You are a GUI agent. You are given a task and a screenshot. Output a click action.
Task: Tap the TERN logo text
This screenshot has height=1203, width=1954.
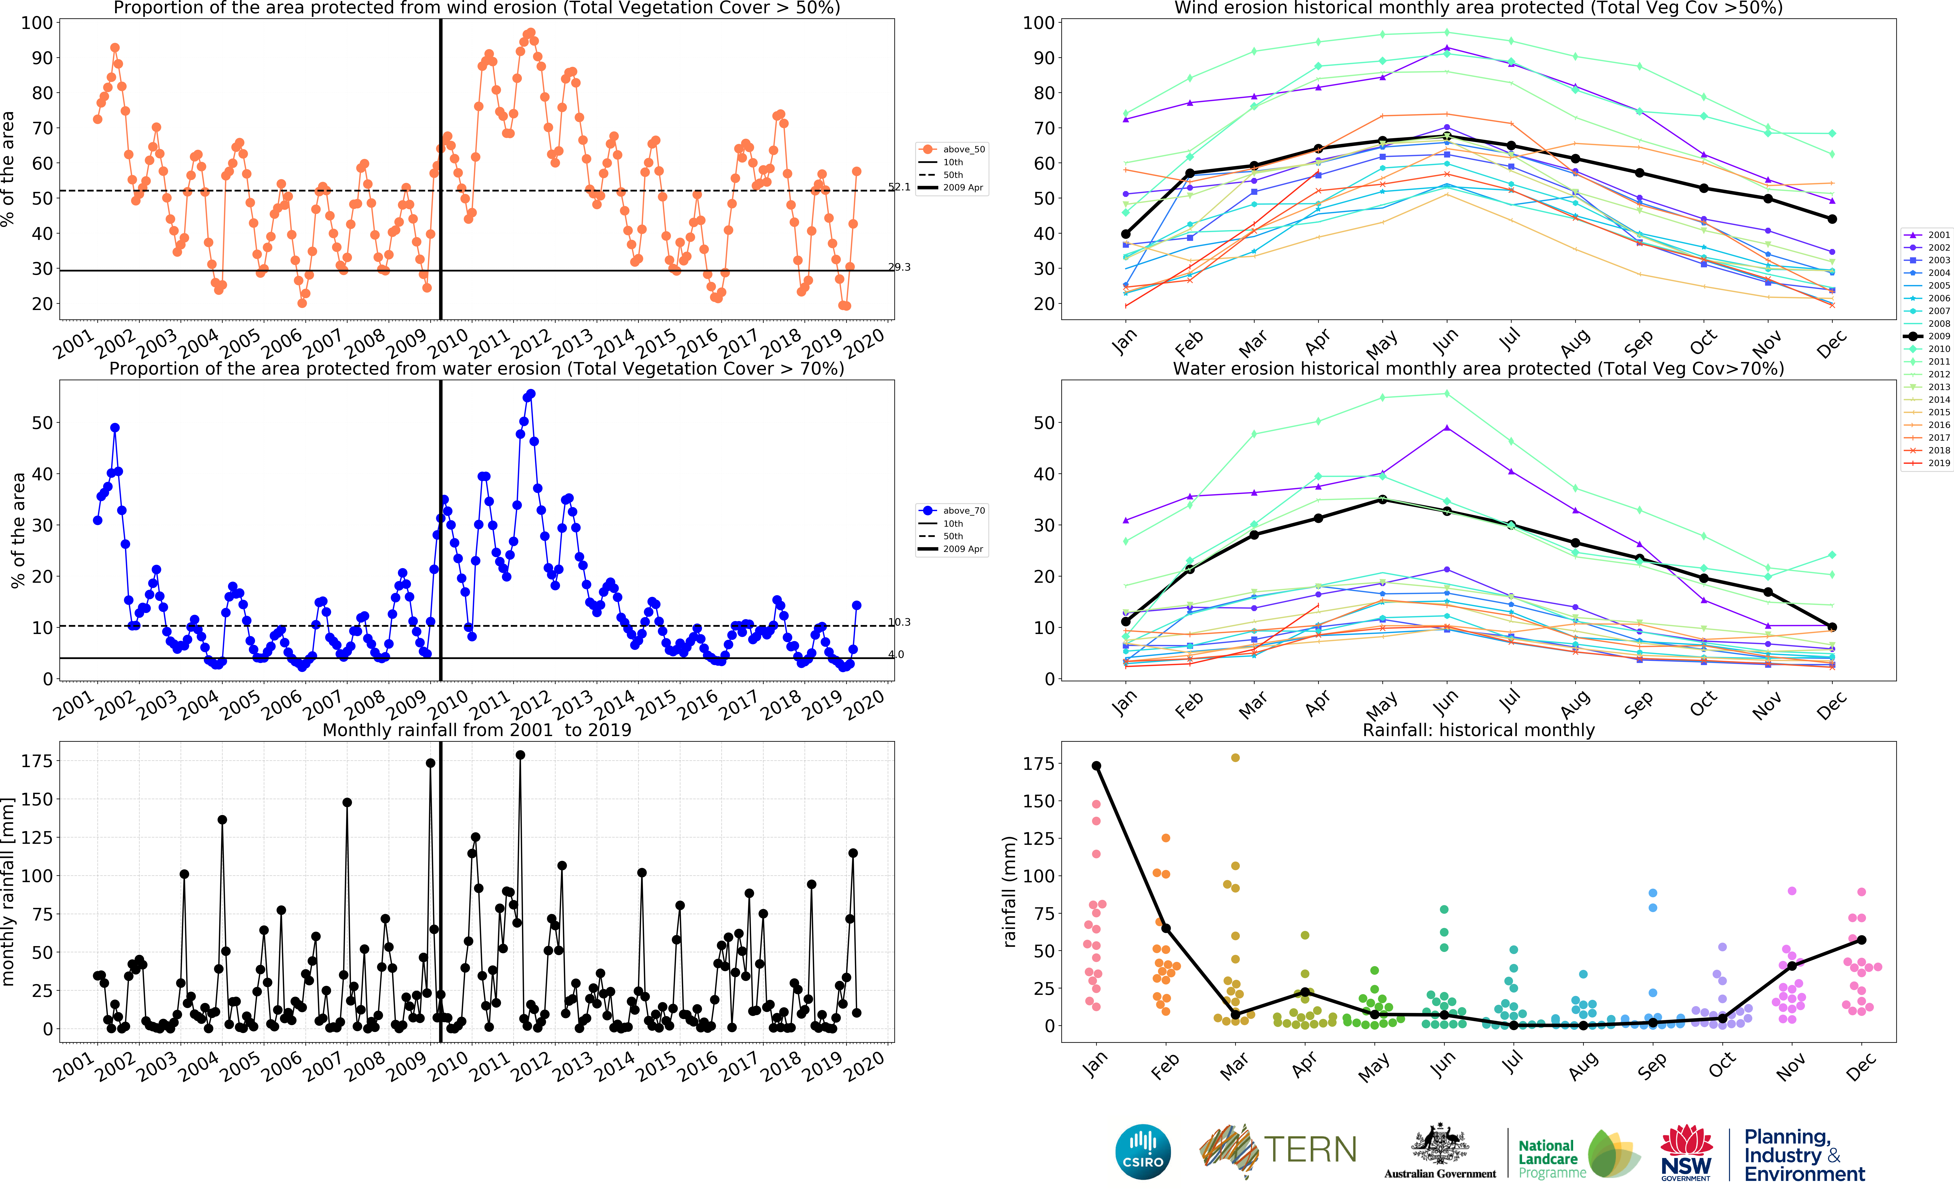click(x=1310, y=1150)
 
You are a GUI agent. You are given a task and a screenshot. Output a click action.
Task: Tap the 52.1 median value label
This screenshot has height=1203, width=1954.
click(x=899, y=187)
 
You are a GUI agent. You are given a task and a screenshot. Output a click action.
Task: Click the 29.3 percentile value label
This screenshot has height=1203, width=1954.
click(x=899, y=267)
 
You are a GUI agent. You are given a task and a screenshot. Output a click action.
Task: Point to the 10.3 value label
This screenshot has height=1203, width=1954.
click(x=899, y=622)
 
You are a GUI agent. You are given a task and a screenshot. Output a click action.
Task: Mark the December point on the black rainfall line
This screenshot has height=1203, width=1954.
click(x=1861, y=940)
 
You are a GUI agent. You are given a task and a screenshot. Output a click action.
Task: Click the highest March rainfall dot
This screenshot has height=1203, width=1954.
click(x=1235, y=757)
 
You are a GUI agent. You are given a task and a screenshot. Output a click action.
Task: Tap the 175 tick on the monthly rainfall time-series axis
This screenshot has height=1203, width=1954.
click(x=37, y=762)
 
